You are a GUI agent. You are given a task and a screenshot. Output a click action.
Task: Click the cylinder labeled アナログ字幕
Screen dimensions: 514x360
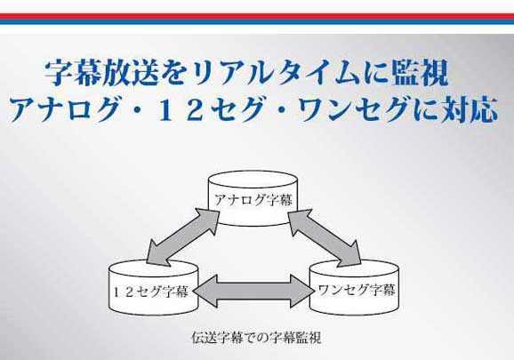click(x=253, y=198)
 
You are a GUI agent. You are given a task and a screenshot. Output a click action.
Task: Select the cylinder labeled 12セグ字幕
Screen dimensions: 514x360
click(x=153, y=288)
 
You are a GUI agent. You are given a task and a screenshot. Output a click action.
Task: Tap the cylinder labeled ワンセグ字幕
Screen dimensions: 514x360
click(x=354, y=288)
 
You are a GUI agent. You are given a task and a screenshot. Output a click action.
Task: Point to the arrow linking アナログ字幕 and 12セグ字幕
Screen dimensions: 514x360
click(x=183, y=236)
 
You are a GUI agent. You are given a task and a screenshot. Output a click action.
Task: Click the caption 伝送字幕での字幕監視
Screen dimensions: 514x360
click(x=256, y=338)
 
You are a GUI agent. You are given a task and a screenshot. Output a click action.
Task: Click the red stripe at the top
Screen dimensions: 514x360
click(x=257, y=16)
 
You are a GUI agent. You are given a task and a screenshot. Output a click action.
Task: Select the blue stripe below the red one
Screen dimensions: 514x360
click(x=257, y=22)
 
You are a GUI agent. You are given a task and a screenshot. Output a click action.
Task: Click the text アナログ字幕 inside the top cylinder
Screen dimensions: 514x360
click(x=253, y=200)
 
